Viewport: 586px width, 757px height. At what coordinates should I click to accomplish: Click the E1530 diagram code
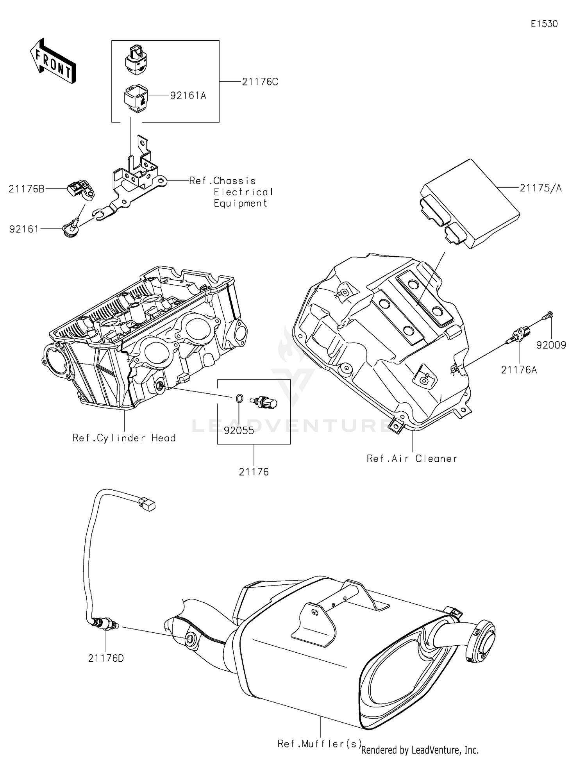point(544,24)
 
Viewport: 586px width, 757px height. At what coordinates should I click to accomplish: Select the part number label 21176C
point(260,82)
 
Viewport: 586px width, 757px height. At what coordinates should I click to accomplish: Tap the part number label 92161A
point(188,96)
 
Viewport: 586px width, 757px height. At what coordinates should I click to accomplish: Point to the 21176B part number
point(26,189)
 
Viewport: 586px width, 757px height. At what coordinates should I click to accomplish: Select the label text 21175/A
point(540,188)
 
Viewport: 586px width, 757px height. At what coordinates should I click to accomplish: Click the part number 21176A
point(519,370)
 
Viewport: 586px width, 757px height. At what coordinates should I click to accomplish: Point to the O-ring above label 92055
point(239,398)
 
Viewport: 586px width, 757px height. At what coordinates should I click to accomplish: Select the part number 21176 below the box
point(254,472)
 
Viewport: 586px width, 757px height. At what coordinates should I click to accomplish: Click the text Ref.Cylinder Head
point(124,438)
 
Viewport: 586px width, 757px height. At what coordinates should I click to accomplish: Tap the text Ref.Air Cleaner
point(412,459)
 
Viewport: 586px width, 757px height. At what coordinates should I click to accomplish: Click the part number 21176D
point(106,658)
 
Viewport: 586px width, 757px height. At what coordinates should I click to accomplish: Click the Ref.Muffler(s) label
point(319,743)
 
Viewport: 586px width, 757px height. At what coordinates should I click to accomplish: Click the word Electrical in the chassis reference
point(243,192)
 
